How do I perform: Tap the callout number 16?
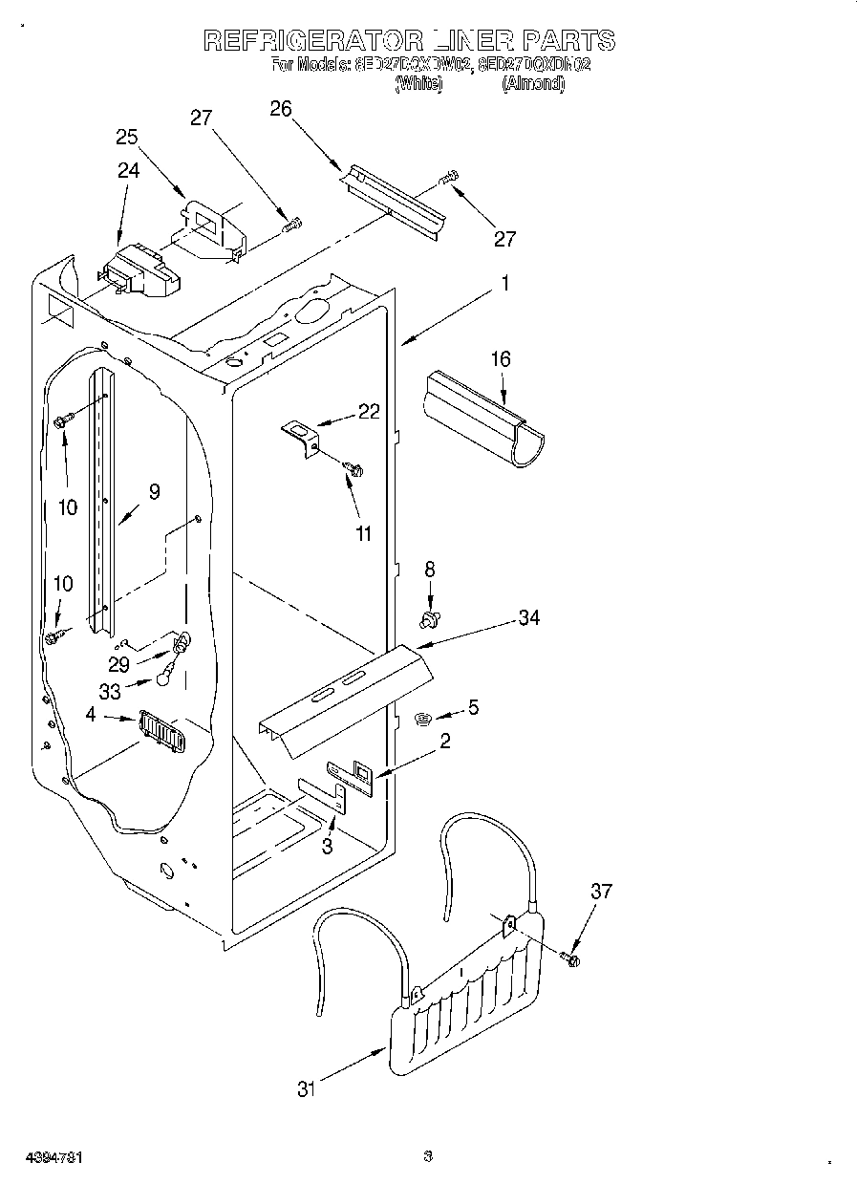(501, 359)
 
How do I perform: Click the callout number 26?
(280, 109)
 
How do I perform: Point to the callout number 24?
(128, 170)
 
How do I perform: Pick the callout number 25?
(127, 137)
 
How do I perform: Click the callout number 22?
(368, 412)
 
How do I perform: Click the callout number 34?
(528, 618)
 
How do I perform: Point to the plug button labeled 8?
(429, 620)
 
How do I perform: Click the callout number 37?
(600, 892)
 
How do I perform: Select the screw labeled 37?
(571, 958)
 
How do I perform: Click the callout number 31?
(306, 1088)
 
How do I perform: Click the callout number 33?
(111, 692)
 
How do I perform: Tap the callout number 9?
(153, 492)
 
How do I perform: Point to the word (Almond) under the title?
(533, 83)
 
